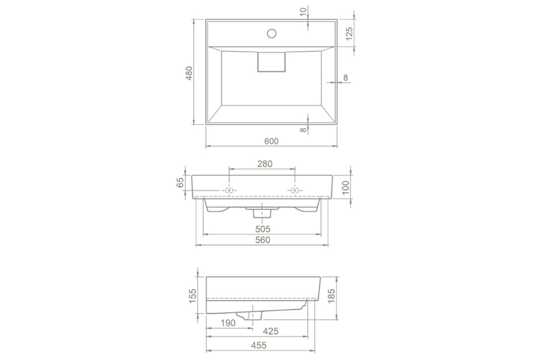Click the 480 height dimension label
[189, 73]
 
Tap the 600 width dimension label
[271, 141]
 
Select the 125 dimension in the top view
[349, 34]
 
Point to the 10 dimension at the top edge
[303, 11]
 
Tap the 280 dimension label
[265, 164]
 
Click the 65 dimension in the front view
[180, 182]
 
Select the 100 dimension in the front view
[346, 188]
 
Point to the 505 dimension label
[263, 229]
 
